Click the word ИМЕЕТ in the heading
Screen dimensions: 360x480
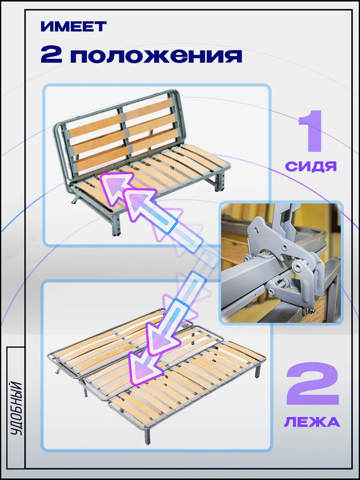tap(74, 26)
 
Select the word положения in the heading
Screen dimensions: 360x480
tap(156, 56)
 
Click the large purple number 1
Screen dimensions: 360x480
tap(311, 131)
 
